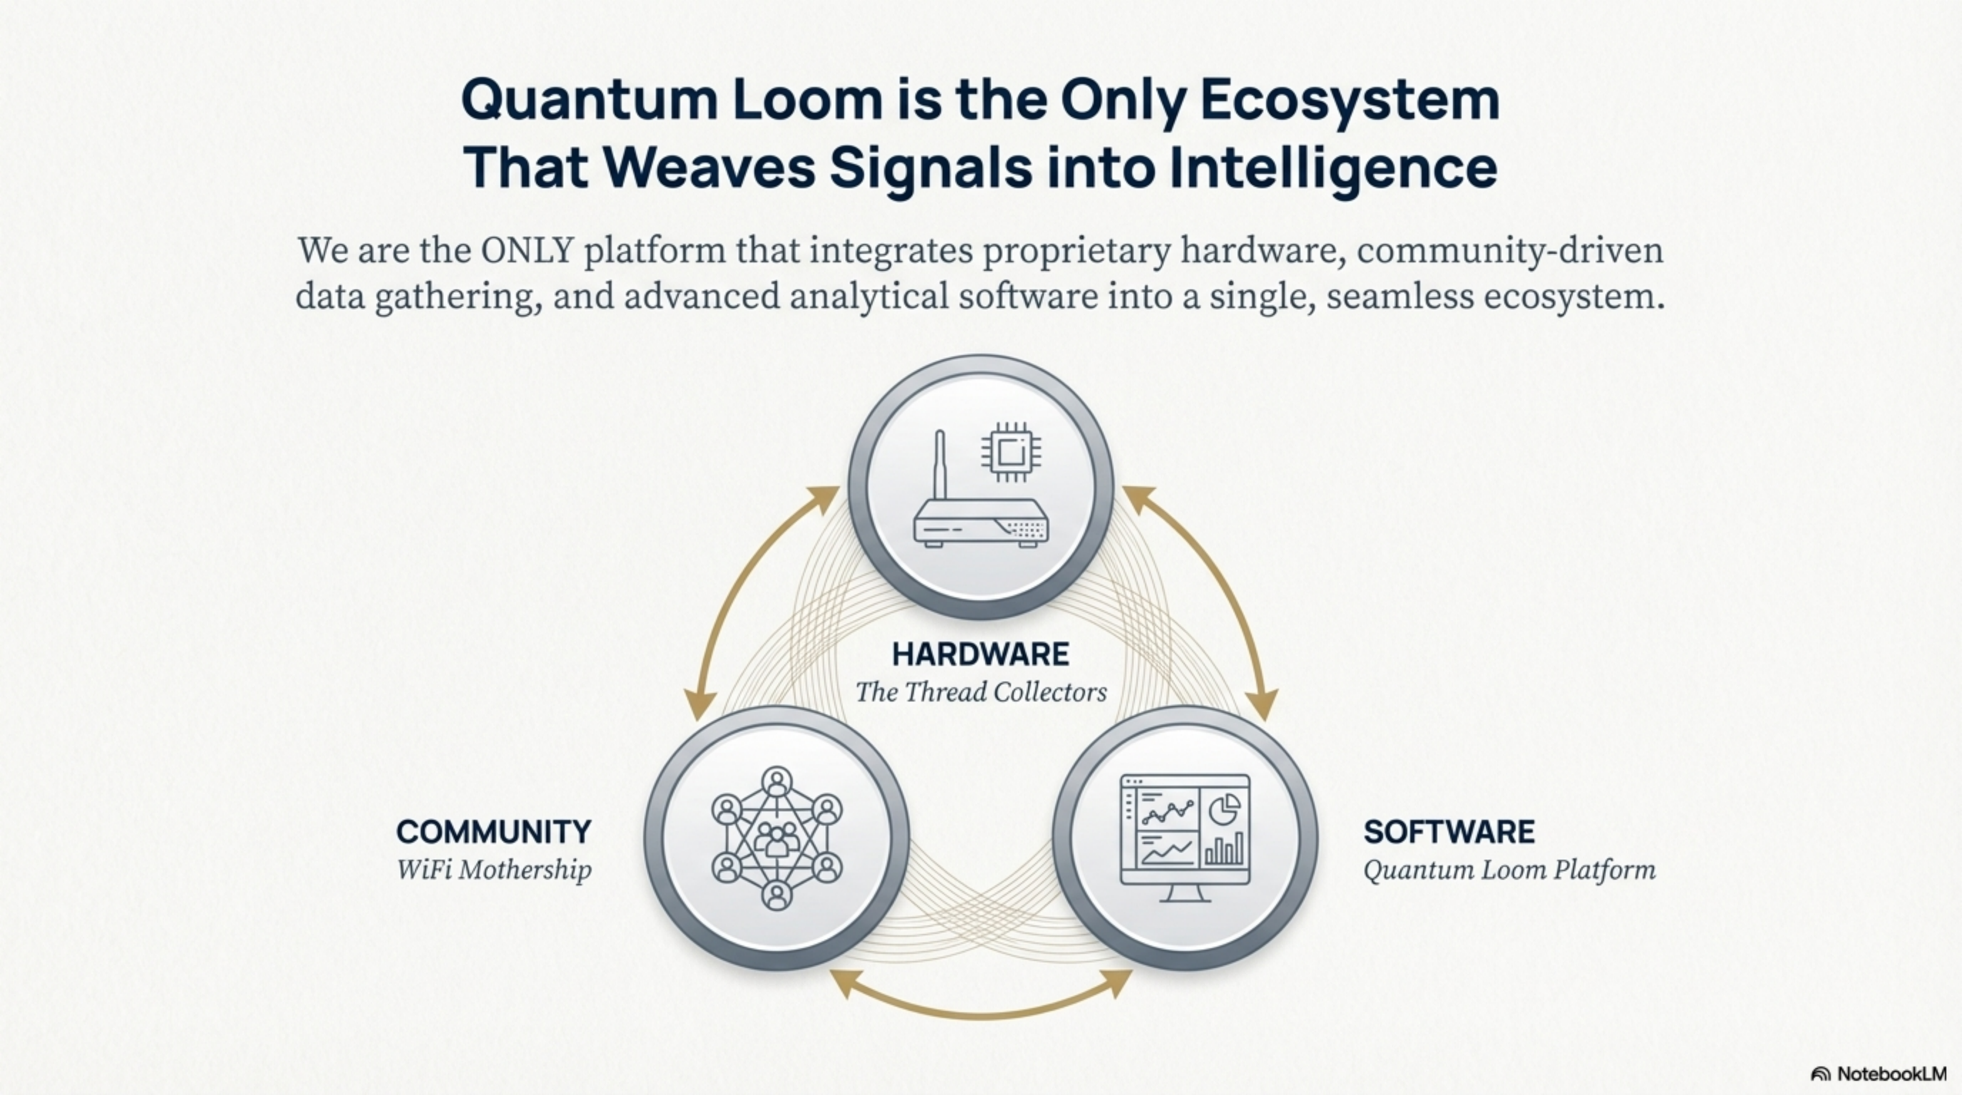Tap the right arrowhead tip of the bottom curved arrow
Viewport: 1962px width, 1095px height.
coord(1132,971)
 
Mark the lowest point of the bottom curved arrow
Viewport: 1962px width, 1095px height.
coord(981,1016)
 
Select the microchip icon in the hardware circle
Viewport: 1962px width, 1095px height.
coord(1011,452)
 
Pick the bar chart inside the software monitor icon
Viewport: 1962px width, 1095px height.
coord(1224,849)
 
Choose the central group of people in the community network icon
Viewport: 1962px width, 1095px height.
coord(776,838)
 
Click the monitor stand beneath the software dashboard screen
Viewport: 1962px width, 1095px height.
coord(1184,893)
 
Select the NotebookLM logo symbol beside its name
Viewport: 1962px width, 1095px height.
coord(1820,1074)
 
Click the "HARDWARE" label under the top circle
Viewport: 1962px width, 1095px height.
coord(980,654)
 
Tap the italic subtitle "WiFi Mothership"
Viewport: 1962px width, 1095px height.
coord(493,870)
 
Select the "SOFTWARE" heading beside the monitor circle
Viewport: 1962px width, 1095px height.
coord(1449,831)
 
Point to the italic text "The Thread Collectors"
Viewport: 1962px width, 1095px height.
coord(981,692)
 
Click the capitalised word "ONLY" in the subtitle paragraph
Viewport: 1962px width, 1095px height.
coord(527,250)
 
